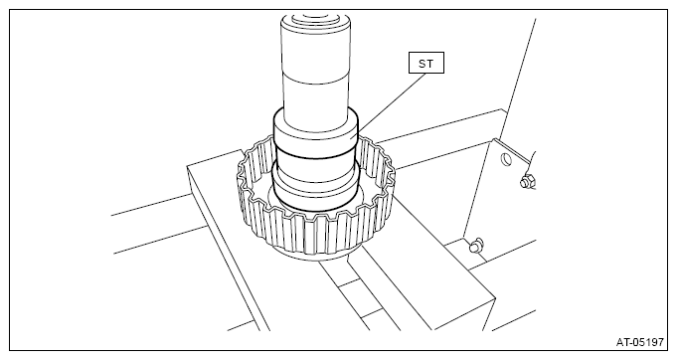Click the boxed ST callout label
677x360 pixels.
[426, 63]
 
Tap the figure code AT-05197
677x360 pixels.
[639, 342]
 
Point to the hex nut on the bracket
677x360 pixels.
[526, 181]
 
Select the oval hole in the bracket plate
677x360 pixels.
[506, 160]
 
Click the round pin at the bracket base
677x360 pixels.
[476, 246]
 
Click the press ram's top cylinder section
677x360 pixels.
[316, 50]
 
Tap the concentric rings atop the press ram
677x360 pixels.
[315, 20]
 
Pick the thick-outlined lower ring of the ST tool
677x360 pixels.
[316, 186]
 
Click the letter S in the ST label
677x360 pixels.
[422, 64]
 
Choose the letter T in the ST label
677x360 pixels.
[429, 64]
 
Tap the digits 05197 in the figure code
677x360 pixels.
[647, 342]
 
